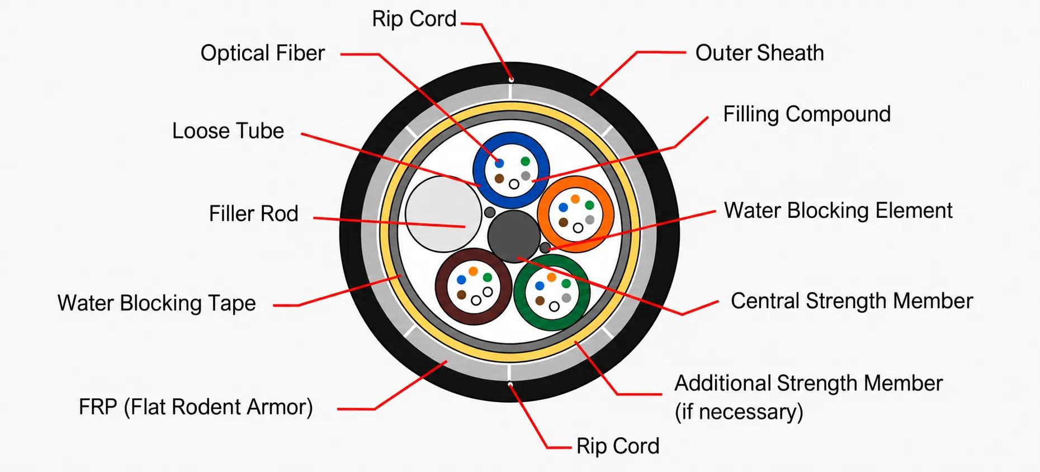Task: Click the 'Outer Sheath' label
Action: pos(759,53)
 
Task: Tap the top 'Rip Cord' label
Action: pos(414,19)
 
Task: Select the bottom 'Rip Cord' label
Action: pos(618,446)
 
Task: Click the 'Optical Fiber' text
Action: pos(262,53)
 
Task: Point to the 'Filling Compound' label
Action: pos(807,114)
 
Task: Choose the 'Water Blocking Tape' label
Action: pos(157,303)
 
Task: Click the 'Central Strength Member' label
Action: pos(852,301)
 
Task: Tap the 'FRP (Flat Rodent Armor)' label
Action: pos(196,407)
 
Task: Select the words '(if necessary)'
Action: pos(739,412)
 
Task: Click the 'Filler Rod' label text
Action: pos(253,213)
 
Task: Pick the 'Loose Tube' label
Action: pos(228,131)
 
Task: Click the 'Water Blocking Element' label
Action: pos(838,211)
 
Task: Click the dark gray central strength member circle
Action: pos(514,236)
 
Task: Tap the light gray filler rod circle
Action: pos(443,214)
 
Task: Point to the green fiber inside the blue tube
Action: pos(525,161)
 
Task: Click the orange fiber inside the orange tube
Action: pos(575,199)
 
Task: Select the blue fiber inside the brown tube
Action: pos(461,280)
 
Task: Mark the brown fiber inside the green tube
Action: pos(540,301)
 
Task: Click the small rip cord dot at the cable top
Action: pos(511,80)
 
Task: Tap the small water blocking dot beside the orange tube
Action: pos(545,247)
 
